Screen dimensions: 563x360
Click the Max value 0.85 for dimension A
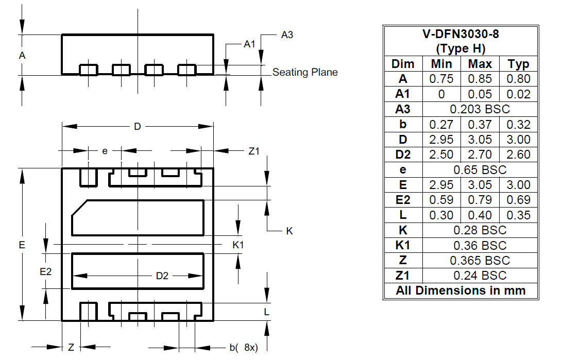(480, 79)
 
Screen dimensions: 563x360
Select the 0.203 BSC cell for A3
(480, 109)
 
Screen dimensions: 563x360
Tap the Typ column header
(519, 64)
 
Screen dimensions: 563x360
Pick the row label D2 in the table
(403, 155)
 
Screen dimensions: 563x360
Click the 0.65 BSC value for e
(480, 169)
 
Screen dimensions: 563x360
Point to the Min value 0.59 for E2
(441, 199)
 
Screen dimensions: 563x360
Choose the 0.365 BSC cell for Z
(480, 260)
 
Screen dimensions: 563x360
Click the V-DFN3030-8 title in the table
(460, 34)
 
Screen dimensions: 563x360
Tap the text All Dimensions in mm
(460, 290)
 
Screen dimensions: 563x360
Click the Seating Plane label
(305, 72)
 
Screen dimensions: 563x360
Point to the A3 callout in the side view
(287, 35)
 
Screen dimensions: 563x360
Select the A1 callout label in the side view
(249, 44)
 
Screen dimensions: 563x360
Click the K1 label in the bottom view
(238, 245)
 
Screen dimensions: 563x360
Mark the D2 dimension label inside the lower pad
(162, 276)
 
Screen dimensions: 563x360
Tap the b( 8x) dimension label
(244, 348)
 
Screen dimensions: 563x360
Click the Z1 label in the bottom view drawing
(254, 151)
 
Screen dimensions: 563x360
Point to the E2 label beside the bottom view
(46, 272)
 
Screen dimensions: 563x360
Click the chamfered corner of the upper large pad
(79, 208)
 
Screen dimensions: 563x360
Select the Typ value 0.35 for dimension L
(519, 215)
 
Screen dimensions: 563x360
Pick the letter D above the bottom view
(137, 126)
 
